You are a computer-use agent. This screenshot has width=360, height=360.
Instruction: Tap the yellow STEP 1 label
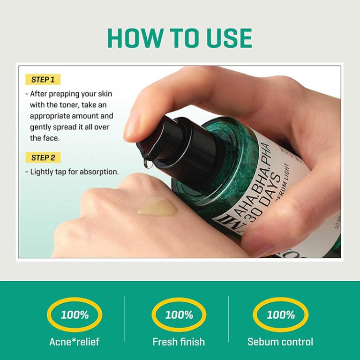[43, 80]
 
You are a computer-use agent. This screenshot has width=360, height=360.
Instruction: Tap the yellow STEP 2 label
[43, 157]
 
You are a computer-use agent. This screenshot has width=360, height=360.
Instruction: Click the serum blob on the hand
[156, 207]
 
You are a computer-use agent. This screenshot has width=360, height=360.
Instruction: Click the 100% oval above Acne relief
[75, 315]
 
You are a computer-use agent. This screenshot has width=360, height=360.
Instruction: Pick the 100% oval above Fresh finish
[179, 315]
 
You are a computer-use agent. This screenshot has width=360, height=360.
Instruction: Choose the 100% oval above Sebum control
[280, 315]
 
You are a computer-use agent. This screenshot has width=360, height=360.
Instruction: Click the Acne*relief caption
[75, 342]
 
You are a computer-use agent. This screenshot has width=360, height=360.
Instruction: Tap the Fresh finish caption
[179, 342]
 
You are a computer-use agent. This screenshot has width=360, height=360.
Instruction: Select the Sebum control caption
[280, 342]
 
